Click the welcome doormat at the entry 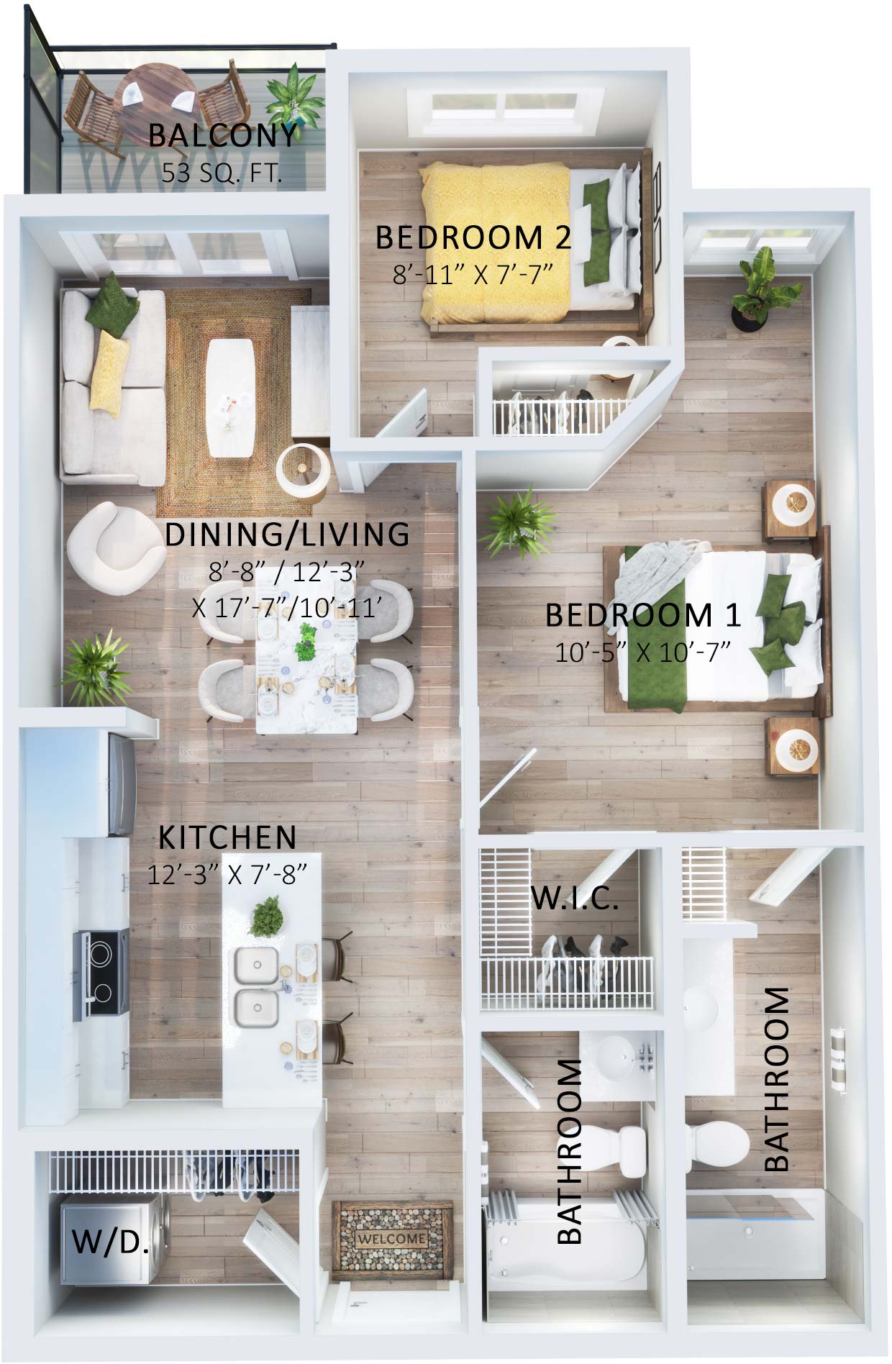[x=392, y=1238]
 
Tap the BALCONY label [x=222, y=135]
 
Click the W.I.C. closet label [x=574, y=899]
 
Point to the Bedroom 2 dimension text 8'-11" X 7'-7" [x=472, y=274]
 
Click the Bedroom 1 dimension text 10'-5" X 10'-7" [x=642, y=652]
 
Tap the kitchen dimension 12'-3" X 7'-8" [x=227, y=874]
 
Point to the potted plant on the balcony [x=293, y=94]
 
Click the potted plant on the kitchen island [x=267, y=915]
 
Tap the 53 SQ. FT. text [x=222, y=173]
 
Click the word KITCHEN [x=227, y=837]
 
